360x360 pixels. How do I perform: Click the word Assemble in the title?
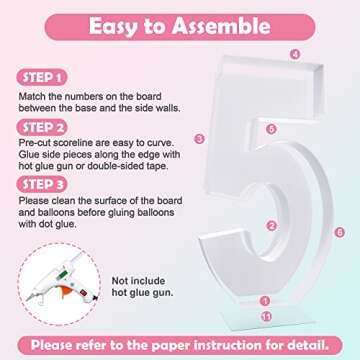pos(221,26)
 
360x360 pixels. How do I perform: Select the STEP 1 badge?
pos(42,78)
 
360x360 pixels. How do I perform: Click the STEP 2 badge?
pos(42,128)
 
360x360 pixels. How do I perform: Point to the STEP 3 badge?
pos(42,185)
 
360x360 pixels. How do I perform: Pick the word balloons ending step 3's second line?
pos(154,213)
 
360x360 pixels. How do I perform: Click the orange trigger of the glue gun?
pos(67,291)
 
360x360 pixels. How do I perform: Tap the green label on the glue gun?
pos(63,275)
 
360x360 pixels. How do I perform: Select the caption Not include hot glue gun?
pos(142,287)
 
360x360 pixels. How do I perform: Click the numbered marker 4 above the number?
pos(295,54)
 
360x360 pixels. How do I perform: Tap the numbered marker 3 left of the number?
pos(199,139)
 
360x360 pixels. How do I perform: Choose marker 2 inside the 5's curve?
pos(272,226)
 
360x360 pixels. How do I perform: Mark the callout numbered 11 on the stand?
pos(266,316)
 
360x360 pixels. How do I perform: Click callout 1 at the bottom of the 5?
pos(265,301)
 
